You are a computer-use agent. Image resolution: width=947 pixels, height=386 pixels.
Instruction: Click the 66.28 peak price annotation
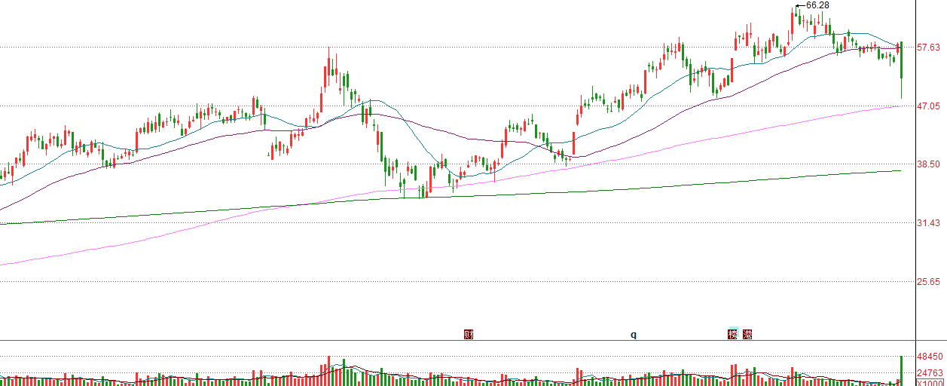click(x=817, y=5)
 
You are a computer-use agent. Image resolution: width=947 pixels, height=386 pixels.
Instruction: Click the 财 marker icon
click(x=469, y=334)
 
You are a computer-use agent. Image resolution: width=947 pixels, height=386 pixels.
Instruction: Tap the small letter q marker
click(x=634, y=334)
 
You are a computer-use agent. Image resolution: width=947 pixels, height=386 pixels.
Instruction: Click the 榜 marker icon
click(x=733, y=334)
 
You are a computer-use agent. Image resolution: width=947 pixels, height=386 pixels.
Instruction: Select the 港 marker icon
click(x=747, y=334)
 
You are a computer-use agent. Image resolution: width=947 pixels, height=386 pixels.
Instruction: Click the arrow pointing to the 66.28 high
click(x=800, y=6)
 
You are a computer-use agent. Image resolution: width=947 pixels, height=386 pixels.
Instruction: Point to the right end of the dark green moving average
click(x=901, y=171)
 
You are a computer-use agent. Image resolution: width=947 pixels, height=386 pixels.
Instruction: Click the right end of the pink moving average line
click(x=901, y=106)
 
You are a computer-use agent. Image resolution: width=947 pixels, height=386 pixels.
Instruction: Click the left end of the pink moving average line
click(x=2, y=265)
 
